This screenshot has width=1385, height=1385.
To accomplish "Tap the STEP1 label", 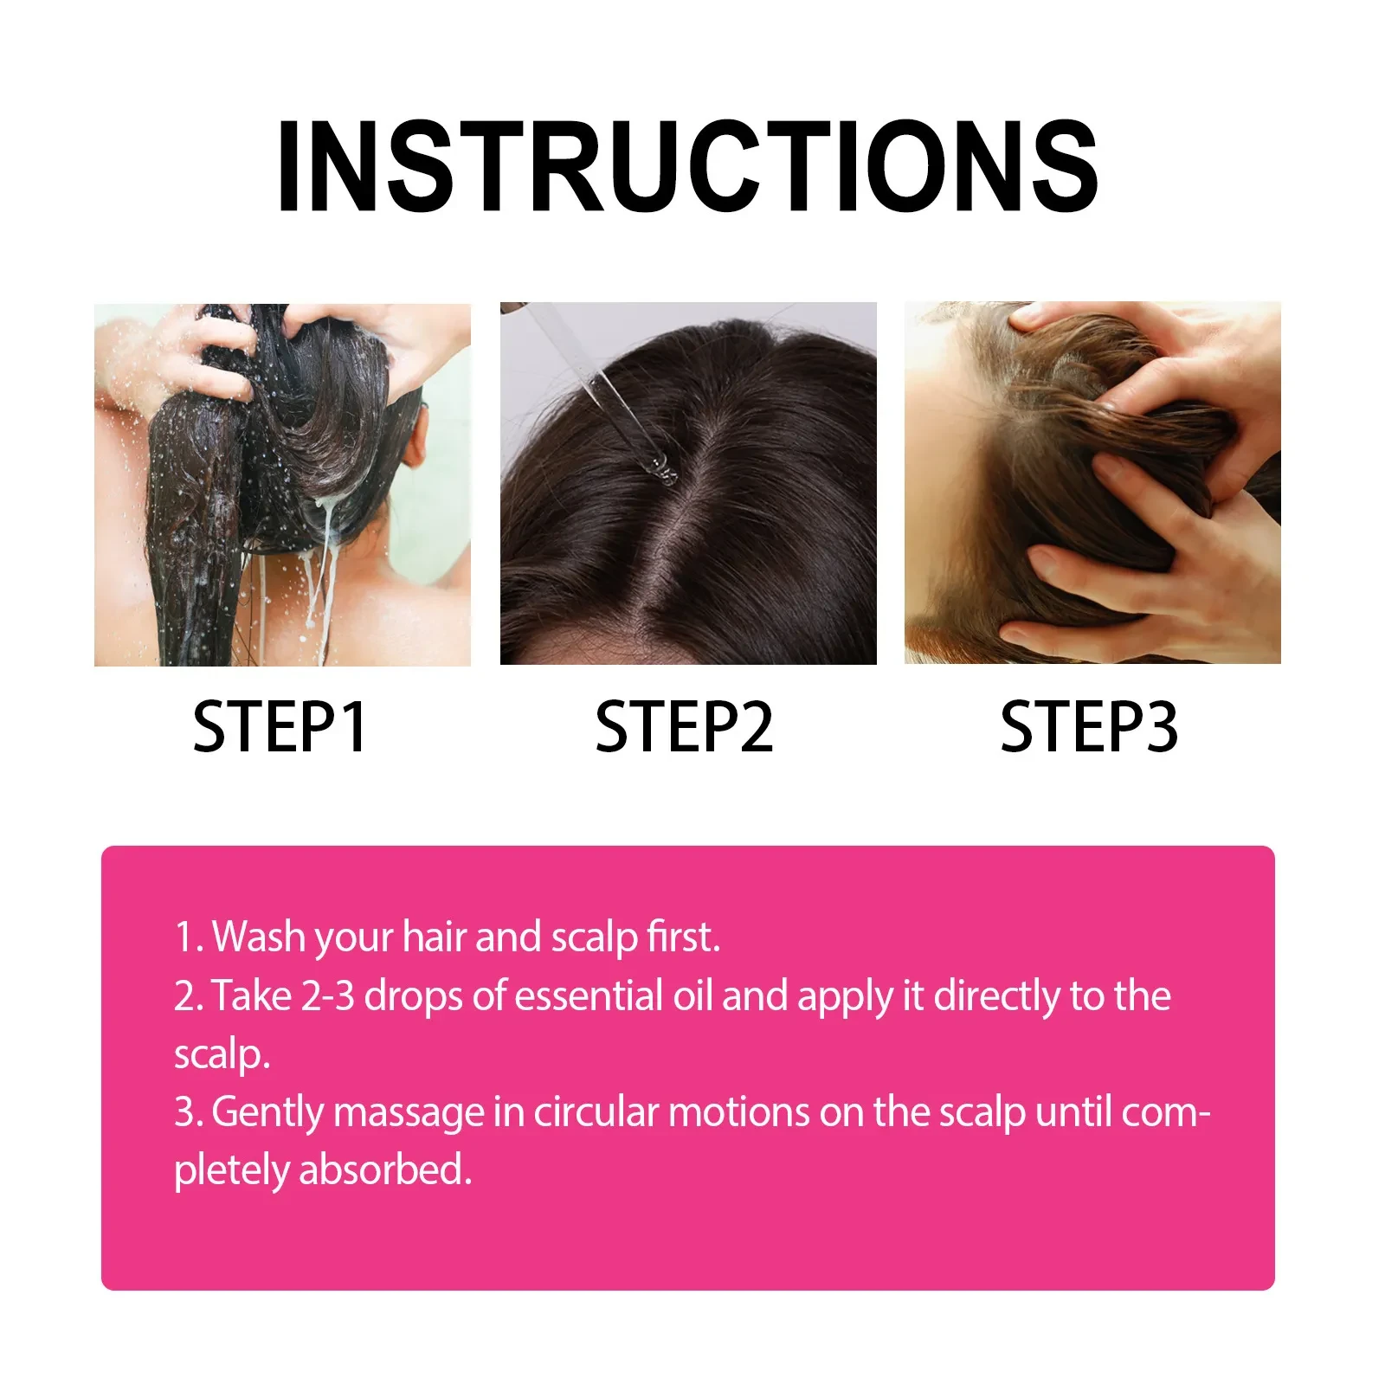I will click(280, 727).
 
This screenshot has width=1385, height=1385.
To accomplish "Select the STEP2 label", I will click(684, 727).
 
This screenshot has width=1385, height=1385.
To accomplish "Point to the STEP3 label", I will click(1088, 727).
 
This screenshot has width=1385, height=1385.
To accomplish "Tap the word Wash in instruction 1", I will click(258, 937).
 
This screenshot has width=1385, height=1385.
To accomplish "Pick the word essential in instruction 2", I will click(589, 995).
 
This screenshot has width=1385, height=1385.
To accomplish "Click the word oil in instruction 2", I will click(692, 995).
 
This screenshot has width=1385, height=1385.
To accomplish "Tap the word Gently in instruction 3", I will click(267, 1113).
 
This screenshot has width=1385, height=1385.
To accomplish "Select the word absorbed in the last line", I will click(385, 1170).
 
